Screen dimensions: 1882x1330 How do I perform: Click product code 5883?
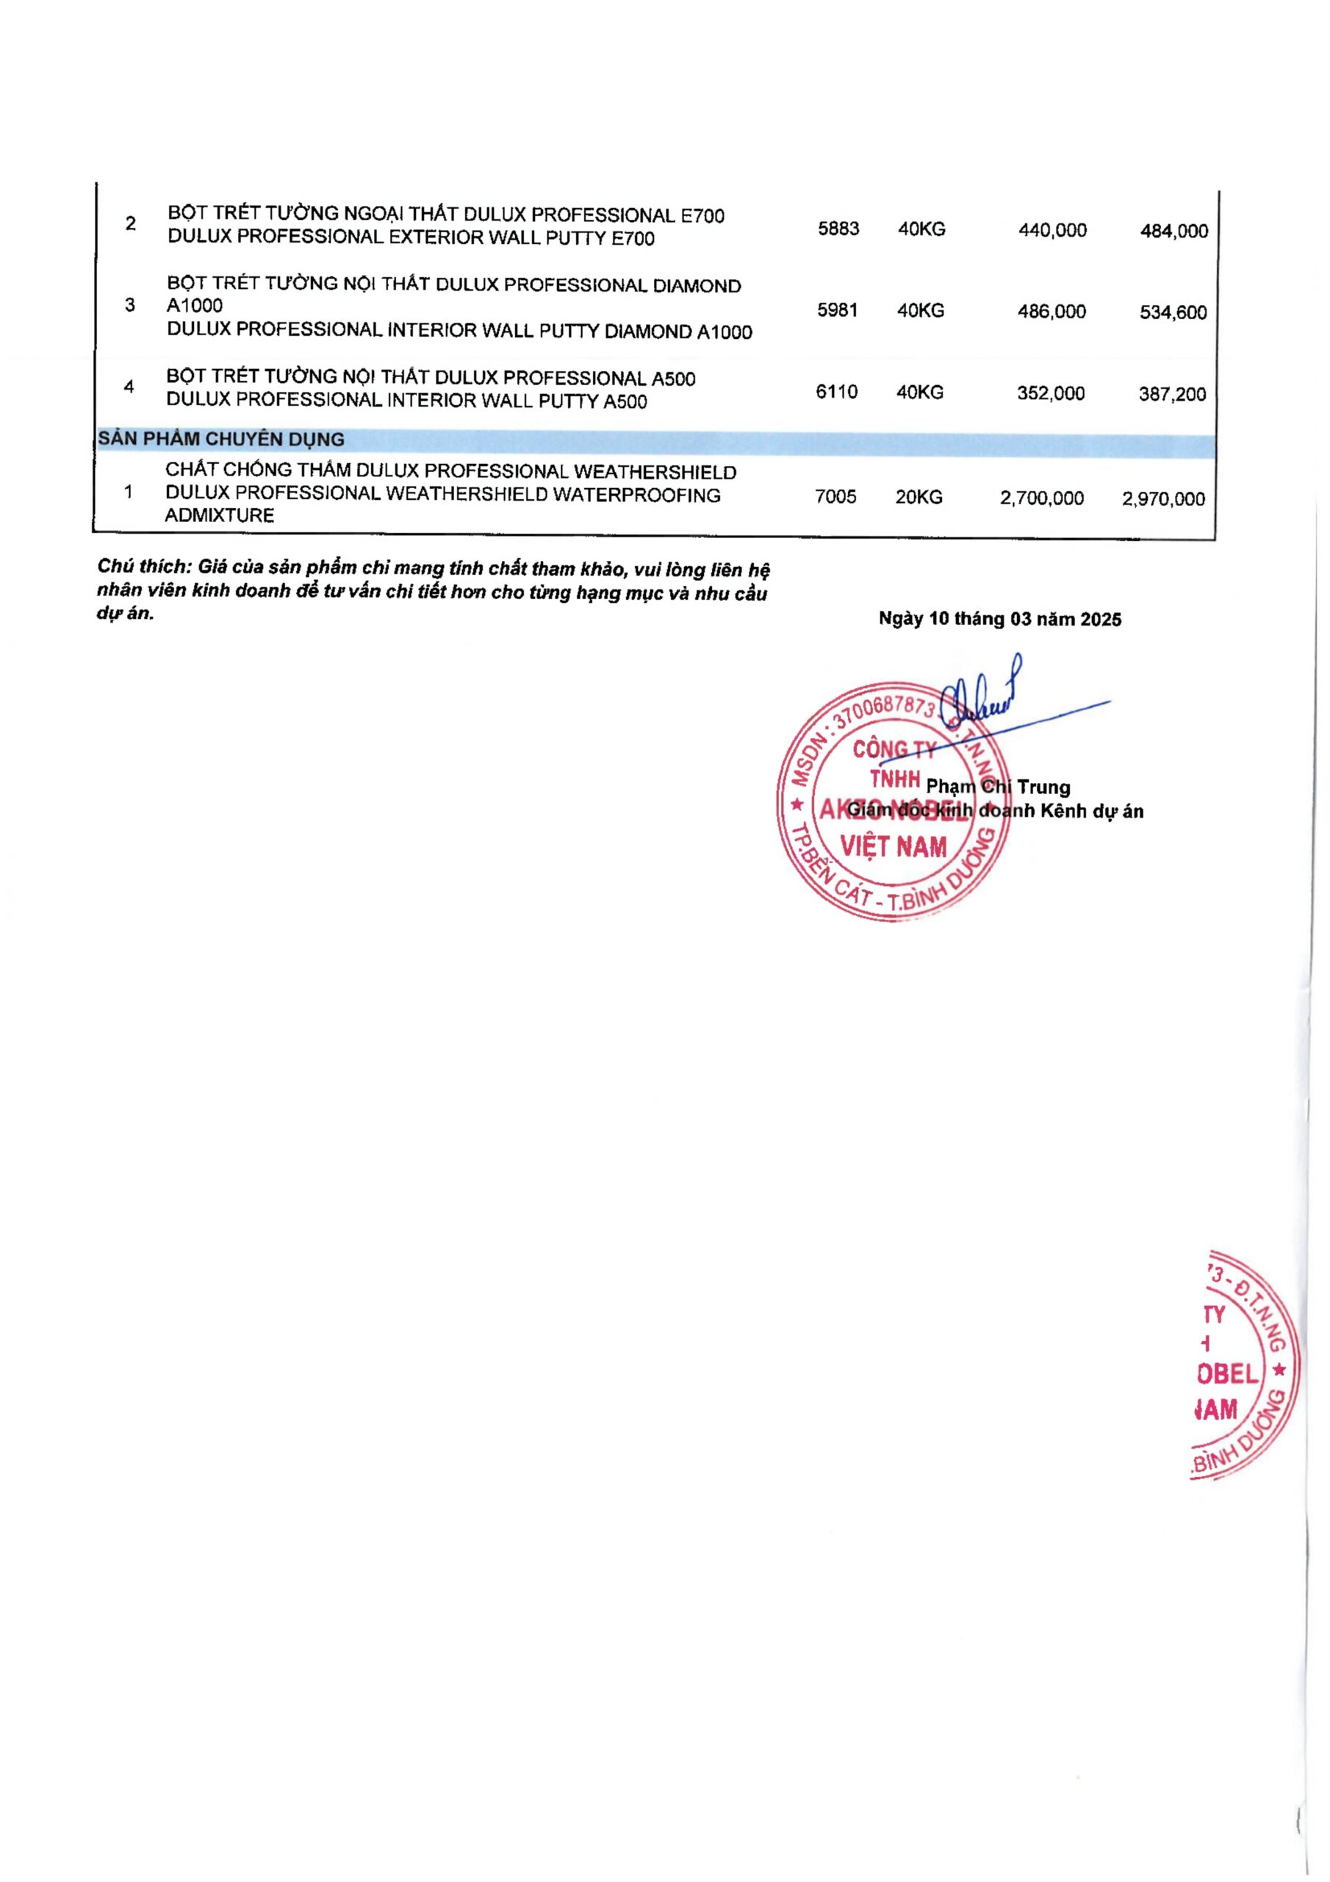(x=838, y=228)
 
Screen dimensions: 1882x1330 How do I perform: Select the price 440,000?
(x=1052, y=230)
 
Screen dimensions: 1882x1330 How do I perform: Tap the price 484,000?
(x=1173, y=231)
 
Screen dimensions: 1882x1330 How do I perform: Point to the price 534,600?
(x=1173, y=312)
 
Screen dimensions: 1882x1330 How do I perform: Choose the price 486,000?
(x=1052, y=312)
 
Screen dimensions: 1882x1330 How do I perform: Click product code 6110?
(x=837, y=392)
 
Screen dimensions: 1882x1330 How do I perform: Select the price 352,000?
(x=1051, y=393)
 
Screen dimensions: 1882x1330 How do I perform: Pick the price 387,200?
(x=1172, y=394)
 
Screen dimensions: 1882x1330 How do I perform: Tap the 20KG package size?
(x=919, y=497)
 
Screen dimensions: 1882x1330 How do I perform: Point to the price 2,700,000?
(x=1041, y=498)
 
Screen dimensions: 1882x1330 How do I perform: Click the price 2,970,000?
(x=1162, y=499)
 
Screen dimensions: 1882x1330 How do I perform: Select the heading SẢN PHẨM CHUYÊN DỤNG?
(x=221, y=440)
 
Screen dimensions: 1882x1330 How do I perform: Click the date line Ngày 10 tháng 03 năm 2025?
(x=1000, y=619)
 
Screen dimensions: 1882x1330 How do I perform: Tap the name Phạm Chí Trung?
(x=998, y=787)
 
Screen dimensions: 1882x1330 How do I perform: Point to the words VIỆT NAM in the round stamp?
(x=894, y=847)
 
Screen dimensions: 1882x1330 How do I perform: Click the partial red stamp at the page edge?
(x=1242, y=1364)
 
